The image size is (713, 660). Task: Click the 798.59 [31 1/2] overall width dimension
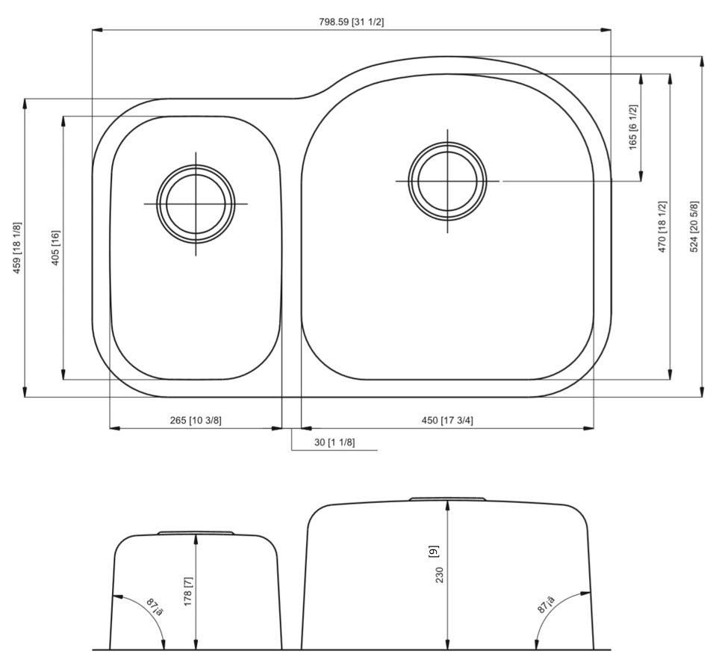coord(351,22)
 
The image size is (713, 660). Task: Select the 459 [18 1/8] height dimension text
coord(17,247)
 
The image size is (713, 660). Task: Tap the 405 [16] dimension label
coord(55,247)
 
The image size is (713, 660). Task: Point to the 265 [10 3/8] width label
coord(196,420)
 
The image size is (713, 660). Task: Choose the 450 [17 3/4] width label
coord(447,420)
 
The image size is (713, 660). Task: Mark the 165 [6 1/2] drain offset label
coord(633,127)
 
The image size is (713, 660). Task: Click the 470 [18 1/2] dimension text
coord(661,226)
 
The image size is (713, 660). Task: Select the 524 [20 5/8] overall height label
coord(694,226)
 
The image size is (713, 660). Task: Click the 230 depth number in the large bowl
coord(440,574)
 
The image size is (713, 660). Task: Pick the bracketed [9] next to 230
coord(433,552)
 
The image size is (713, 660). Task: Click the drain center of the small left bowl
coord(196,203)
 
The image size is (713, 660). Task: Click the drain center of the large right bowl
coord(447,181)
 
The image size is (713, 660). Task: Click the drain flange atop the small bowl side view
coord(196,533)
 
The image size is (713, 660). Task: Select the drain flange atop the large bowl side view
coord(447,499)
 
